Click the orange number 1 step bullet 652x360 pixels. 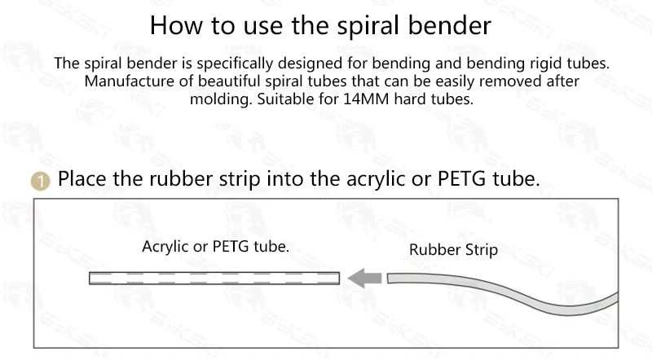(x=41, y=180)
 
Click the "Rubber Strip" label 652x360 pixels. (x=453, y=250)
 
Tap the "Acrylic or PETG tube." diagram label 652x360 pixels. (x=215, y=246)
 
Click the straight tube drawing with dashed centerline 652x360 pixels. (x=214, y=278)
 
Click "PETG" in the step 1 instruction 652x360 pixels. (x=460, y=178)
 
